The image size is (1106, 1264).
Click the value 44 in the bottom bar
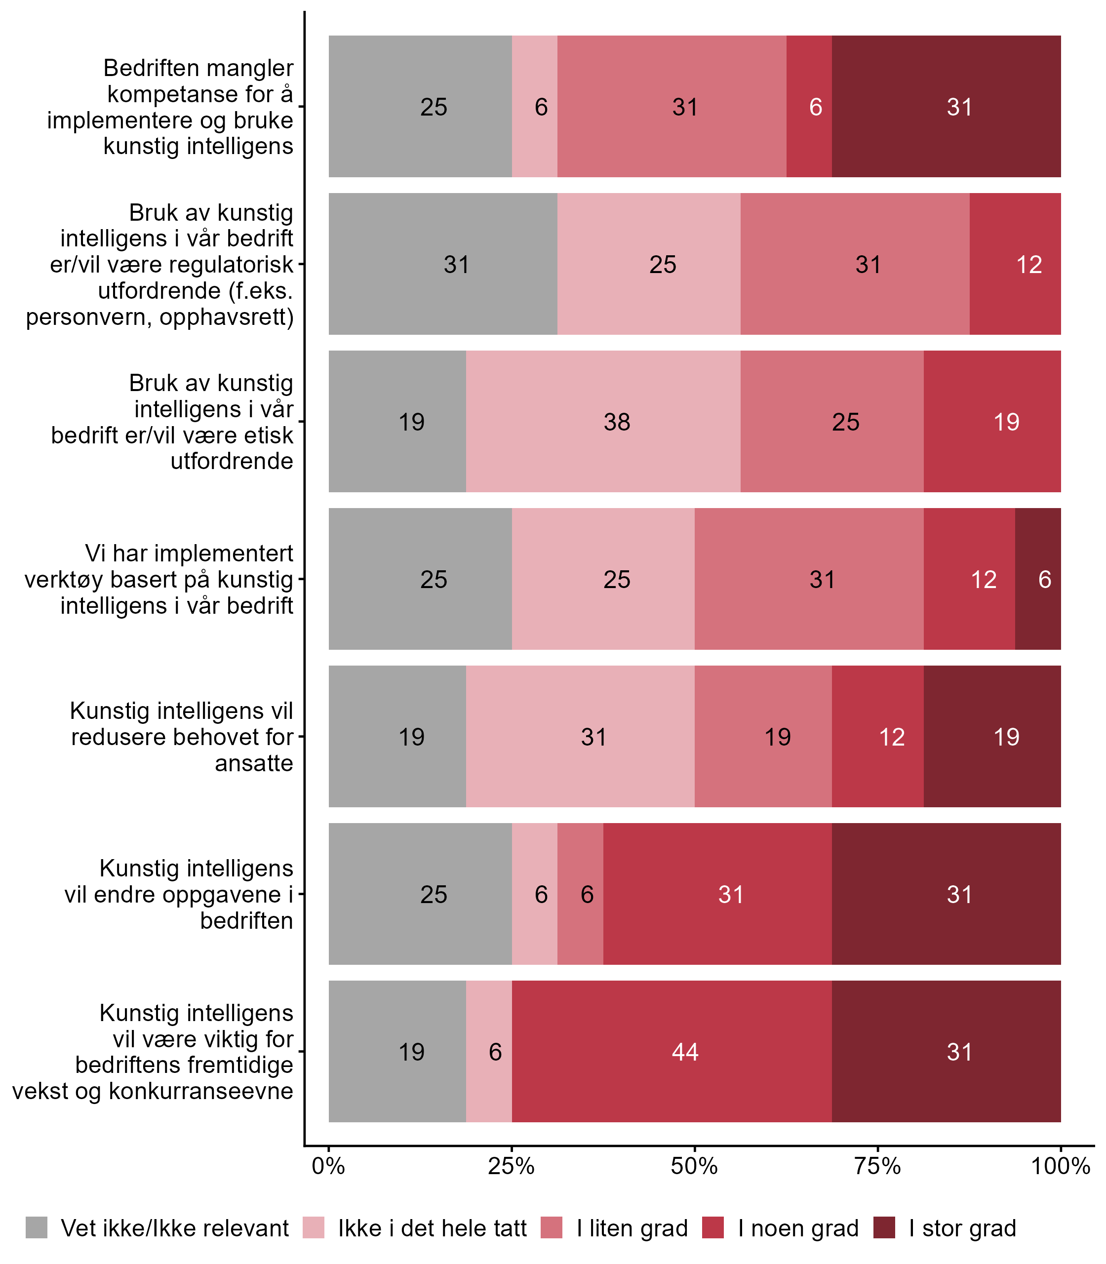685,1052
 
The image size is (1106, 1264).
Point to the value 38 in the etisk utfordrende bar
617,422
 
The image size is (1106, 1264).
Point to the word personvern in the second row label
89,316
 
